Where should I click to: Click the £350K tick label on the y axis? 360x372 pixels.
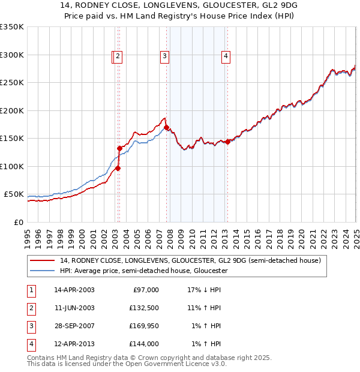click(11, 27)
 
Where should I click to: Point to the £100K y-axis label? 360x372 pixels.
click(11, 166)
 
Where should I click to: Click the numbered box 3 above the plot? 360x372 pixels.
click(164, 57)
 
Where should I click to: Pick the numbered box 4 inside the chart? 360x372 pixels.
click(226, 57)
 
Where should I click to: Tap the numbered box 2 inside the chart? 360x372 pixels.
click(118, 57)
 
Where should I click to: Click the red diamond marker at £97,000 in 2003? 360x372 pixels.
click(118, 168)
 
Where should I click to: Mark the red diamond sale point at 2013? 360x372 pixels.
click(227, 142)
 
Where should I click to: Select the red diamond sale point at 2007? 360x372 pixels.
click(167, 128)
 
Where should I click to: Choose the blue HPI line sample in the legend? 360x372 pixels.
click(43, 271)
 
